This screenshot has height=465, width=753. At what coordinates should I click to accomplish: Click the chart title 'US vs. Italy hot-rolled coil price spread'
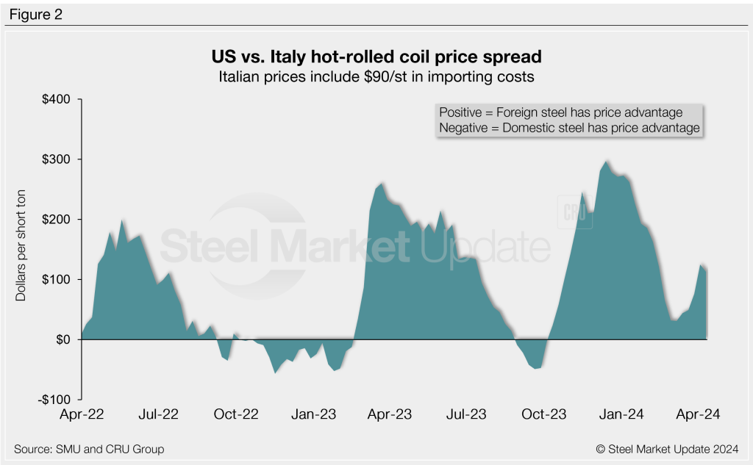376,57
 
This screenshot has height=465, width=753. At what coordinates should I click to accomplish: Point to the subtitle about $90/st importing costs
376,76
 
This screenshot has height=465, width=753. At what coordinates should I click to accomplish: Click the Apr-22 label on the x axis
82,414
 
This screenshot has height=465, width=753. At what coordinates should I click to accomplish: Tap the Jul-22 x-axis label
159,414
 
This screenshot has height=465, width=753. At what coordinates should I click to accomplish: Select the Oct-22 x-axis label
236,414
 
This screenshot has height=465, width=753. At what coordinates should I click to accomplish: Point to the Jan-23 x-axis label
313,414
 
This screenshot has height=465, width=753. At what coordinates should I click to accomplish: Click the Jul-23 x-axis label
466,414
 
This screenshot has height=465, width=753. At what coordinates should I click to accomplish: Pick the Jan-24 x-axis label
621,414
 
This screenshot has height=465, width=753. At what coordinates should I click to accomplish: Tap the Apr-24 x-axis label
699,414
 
